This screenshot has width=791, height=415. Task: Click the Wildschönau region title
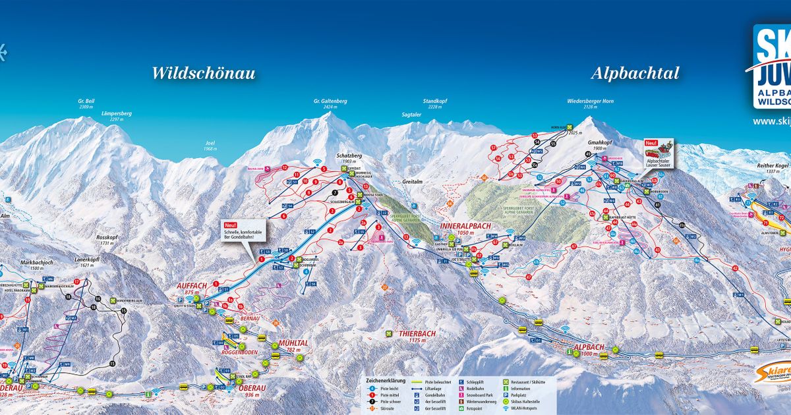(203, 73)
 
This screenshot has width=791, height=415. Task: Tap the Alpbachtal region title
(635, 73)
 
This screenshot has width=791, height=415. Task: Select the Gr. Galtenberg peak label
(330, 101)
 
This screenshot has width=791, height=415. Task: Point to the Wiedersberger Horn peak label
(591, 101)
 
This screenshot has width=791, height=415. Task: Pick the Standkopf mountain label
(435, 101)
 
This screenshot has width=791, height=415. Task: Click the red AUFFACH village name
(192, 285)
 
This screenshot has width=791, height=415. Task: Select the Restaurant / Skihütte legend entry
(531, 381)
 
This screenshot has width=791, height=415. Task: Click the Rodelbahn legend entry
(481, 389)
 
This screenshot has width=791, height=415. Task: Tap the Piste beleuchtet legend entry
(436, 381)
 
